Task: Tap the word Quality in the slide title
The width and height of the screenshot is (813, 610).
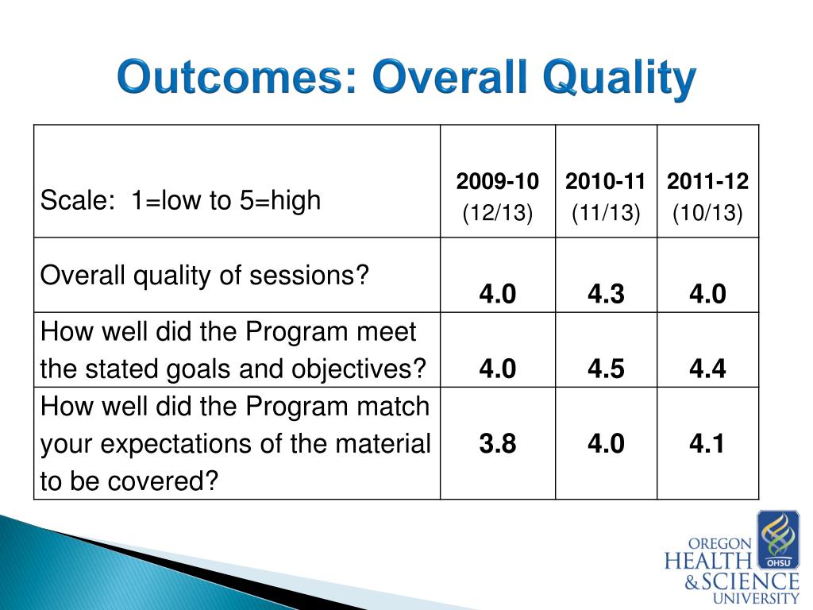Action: [619, 79]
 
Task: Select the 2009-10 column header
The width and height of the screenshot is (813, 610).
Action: [498, 182]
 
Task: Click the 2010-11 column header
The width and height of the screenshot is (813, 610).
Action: [605, 182]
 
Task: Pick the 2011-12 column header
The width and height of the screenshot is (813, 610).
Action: [707, 182]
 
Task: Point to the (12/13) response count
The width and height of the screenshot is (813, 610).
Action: [498, 213]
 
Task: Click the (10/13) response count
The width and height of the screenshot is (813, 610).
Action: [707, 213]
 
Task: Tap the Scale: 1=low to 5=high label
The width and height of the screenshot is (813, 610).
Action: [180, 201]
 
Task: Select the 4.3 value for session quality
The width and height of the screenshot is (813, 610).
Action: [606, 294]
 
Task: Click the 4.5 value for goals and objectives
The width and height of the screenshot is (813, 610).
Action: [606, 369]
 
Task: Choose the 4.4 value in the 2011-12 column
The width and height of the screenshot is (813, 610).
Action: [707, 369]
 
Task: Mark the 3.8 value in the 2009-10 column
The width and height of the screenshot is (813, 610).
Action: [498, 443]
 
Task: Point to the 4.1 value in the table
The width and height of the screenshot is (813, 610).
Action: [707, 443]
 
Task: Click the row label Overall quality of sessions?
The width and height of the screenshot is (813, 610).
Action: [204, 276]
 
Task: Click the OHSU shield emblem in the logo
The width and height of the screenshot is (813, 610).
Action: [778, 539]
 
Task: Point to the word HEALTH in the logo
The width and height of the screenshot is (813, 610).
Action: [707, 562]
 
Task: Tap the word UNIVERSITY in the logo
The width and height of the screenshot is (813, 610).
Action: [756, 598]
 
